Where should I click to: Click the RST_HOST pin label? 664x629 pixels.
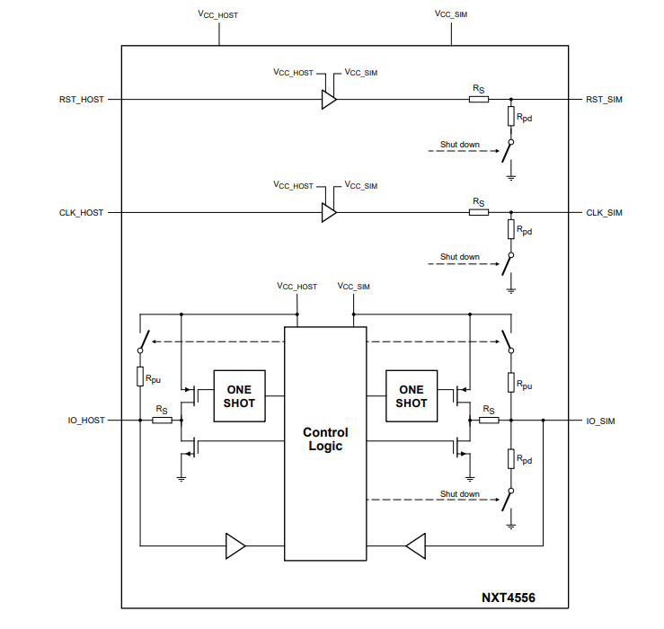(81, 100)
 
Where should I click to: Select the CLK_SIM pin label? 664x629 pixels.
(604, 213)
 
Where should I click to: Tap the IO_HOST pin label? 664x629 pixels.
(86, 421)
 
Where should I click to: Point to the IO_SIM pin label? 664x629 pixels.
(600, 421)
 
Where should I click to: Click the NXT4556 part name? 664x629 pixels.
(509, 598)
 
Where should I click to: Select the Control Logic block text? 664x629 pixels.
(325, 439)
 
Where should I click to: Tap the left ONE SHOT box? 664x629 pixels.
(239, 396)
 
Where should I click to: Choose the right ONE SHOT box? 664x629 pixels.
(412, 396)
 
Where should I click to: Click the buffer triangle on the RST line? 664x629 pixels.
(329, 100)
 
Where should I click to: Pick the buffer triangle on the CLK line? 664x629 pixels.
(329, 213)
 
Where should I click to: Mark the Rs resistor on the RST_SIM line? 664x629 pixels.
(479, 100)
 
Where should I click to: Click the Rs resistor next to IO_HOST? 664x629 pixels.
(162, 421)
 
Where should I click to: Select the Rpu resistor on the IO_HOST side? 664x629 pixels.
(140, 377)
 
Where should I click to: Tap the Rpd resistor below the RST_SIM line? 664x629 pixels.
(511, 116)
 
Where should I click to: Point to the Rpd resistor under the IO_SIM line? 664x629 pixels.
(511, 459)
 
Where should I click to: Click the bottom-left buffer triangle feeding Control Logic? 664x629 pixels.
(235, 546)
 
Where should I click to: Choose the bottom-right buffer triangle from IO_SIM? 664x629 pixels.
(416, 546)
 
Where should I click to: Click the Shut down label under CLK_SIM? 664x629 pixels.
(459, 257)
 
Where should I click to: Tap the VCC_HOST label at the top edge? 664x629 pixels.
(217, 14)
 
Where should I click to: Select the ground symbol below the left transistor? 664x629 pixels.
(181, 479)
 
